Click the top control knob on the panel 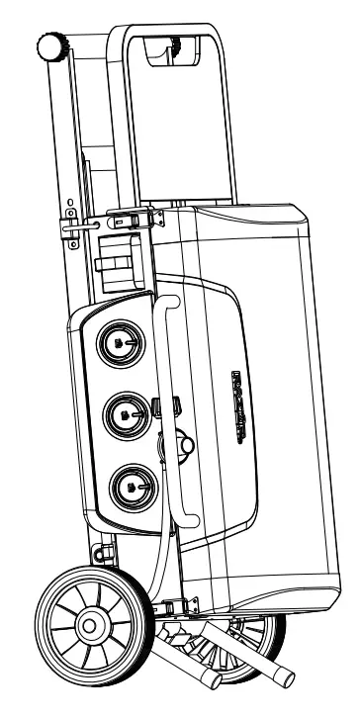pyautogui.click(x=119, y=342)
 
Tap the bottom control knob pyautogui.click(x=132, y=485)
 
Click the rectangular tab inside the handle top pyautogui.click(x=168, y=47)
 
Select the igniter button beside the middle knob pyautogui.click(x=164, y=406)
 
